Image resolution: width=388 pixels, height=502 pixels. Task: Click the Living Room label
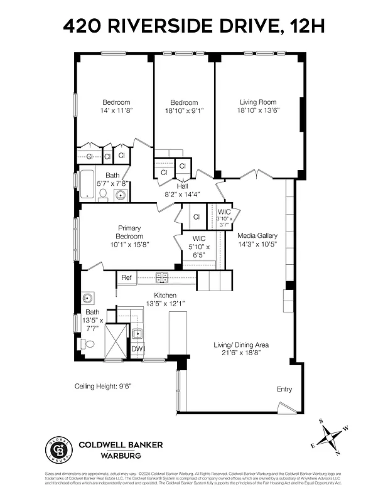click(x=257, y=102)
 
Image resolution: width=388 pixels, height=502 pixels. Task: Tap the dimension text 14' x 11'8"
click(x=116, y=110)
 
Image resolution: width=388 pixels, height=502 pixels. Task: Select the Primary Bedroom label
click(x=129, y=232)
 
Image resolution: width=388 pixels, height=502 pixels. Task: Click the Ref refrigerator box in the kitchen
click(x=126, y=277)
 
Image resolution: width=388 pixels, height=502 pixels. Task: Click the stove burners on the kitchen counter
click(x=161, y=277)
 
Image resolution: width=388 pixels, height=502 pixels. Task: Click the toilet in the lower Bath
click(x=89, y=344)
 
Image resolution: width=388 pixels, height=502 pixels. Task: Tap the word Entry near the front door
click(x=284, y=389)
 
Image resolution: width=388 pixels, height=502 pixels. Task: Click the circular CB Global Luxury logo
click(x=58, y=449)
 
